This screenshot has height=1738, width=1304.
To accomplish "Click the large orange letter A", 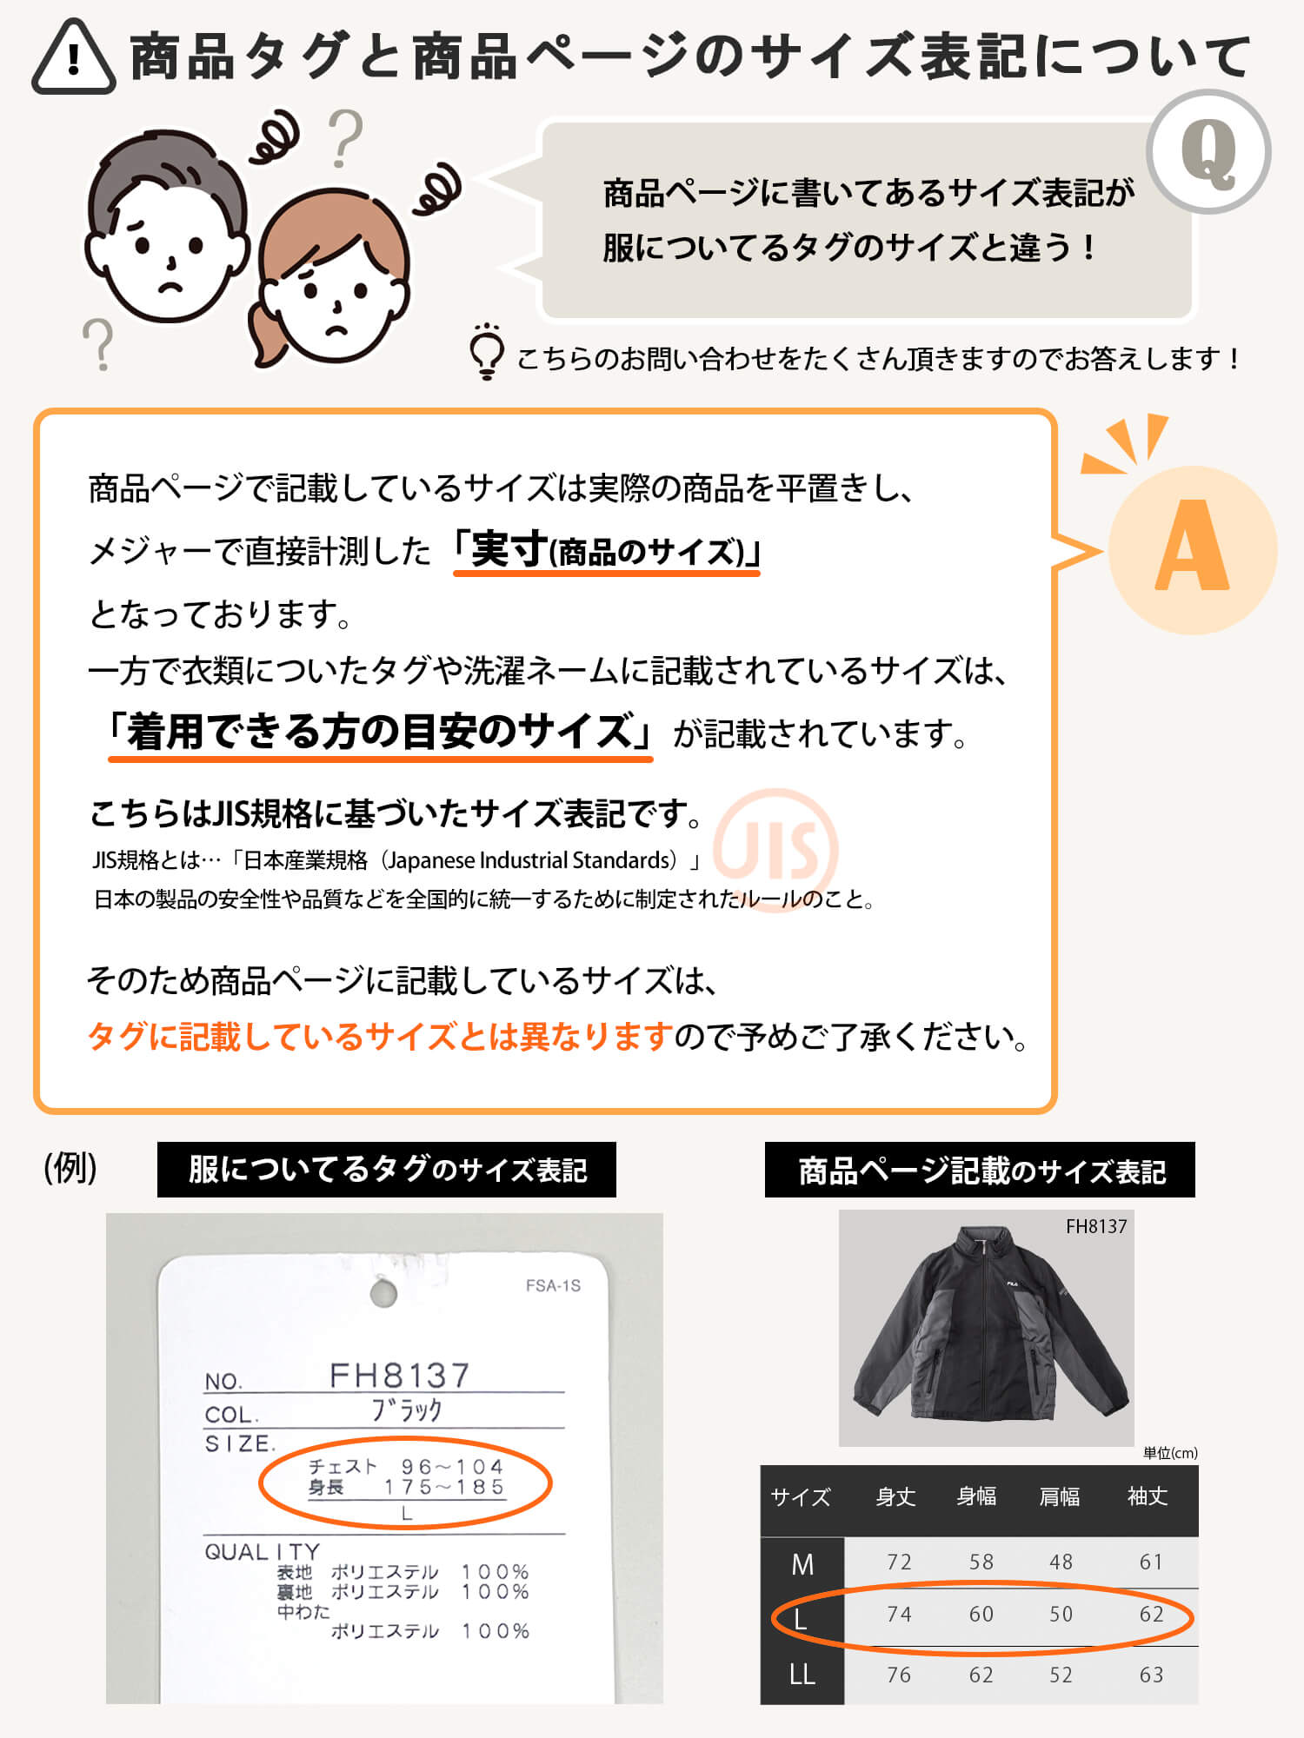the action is (1192, 547).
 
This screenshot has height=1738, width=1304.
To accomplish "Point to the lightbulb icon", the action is (487, 352).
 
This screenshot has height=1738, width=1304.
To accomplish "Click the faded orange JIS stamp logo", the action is (775, 848).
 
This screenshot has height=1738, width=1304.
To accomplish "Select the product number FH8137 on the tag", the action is (400, 1376).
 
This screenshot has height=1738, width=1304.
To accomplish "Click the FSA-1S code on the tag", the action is (553, 1286).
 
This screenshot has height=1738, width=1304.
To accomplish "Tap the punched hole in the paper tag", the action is (383, 1294).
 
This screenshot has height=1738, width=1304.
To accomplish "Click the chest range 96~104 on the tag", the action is (453, 1467).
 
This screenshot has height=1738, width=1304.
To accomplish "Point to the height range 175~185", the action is (444, 1487).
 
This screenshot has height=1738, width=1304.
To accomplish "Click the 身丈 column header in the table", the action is (895, 1496).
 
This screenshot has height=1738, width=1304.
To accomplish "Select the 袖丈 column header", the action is (1148, 1496).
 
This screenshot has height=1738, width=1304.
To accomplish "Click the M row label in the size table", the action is (802, 1565).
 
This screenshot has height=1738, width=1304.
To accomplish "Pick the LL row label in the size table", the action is (802, 1675).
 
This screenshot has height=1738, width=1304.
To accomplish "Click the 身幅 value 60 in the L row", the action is (981, 1614).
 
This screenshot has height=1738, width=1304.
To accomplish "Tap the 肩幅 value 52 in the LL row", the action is (1061, 1675).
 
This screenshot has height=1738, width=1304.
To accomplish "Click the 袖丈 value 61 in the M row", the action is (1151, 1562).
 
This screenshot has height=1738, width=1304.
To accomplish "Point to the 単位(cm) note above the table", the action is (1170, 1453).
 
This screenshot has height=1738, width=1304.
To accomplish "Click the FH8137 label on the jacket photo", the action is (1096, 1226).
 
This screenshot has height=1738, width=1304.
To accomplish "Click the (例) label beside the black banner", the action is (70, 1168).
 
